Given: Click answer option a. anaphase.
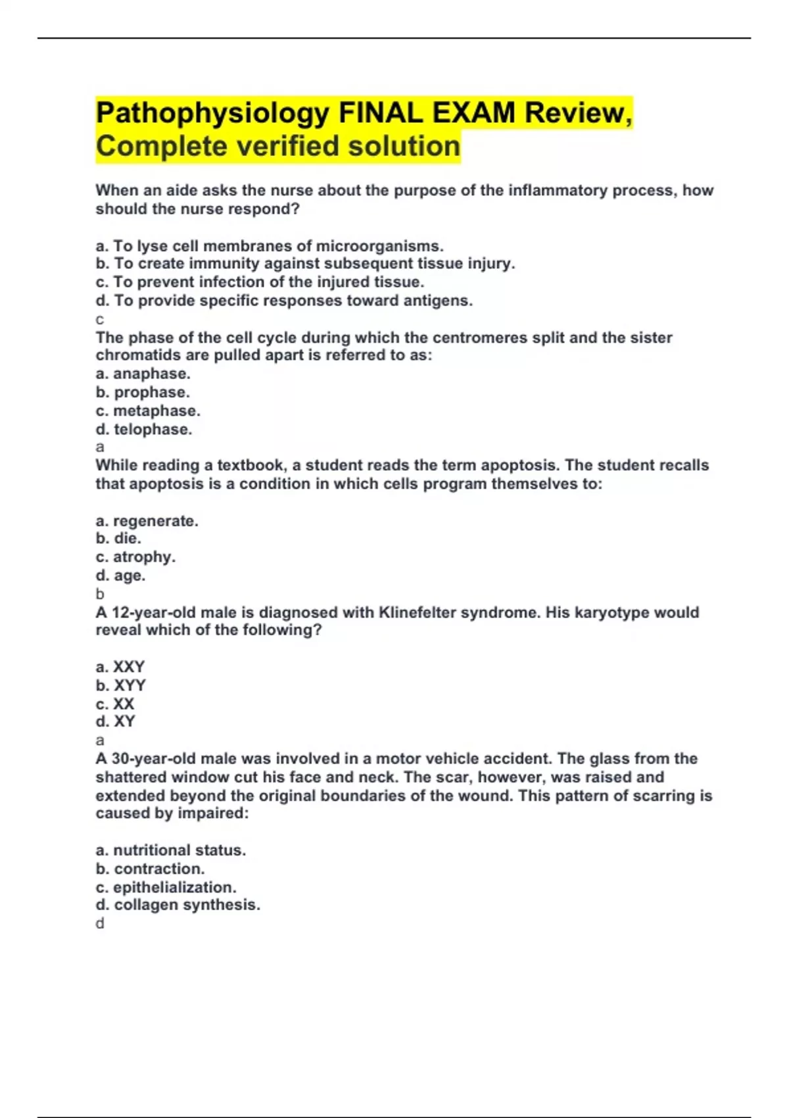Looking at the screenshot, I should pyautogui.click(x=143, y=374).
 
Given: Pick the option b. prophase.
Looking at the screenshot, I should pyautogui.click(x=143, y=392).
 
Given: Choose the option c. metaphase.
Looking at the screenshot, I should pyautogui.click(x=148, y=410).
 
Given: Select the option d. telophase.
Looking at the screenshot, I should pyautogui.click(x=144, y=429).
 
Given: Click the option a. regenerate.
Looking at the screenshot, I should pyautogui.click(x=147, y=521).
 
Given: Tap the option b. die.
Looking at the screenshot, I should pyautogui.click(x=118, y=538).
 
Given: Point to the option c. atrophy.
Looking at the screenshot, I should pyautogui.click(x=135, y=556).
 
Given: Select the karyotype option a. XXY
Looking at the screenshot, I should pyautogui.click(x=120, y=666).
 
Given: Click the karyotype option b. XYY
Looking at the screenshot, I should pyautogui.click(x=121, y=685).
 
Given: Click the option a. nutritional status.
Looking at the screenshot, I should pyautogui.click(x=170, y=850).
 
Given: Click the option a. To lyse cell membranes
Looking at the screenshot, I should pyautogui.click(x=269, y=246).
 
